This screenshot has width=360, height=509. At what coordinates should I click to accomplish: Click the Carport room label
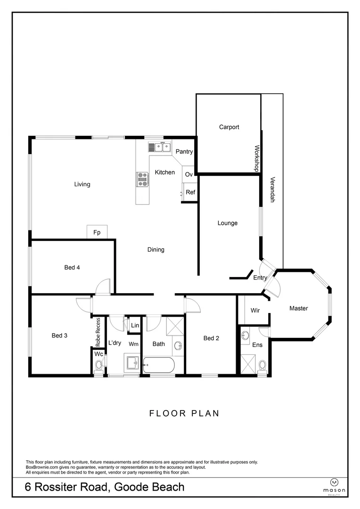(x=229, y=127)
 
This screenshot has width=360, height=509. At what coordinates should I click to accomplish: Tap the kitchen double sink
(x=160, y=147)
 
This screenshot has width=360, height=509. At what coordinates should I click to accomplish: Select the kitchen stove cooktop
(x=142, y=180)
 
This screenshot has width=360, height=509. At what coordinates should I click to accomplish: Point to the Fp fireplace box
(x=97, y=232)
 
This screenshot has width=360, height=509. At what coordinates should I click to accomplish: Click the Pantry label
(x=184, y=152)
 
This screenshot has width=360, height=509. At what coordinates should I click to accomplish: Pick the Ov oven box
(x=189, y=174)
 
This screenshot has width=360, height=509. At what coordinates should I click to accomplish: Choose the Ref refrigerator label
(x=190, y=192)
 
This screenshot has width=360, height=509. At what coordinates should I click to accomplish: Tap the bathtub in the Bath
(x=159, y=365)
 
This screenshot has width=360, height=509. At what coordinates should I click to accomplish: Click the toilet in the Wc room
(x=98, y=366)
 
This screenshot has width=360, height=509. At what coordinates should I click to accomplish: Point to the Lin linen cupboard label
(x=135, y=325)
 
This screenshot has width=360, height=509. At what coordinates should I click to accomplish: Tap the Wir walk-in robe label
(x=255, y=310)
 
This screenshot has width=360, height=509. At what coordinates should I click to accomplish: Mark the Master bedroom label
(x=299, y=308)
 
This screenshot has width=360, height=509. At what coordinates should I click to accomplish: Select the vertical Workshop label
(x=257, y=158)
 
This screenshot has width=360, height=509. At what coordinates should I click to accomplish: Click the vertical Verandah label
(x=273, y=189)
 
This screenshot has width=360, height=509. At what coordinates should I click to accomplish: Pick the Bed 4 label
(x=72, y=268)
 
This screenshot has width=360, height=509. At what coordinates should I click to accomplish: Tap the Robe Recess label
(x=98, y=332)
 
